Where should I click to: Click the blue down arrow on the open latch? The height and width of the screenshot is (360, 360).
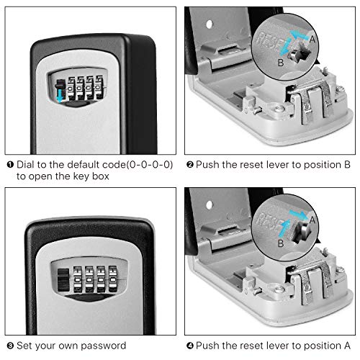pyautogui.click(x=57, y=90)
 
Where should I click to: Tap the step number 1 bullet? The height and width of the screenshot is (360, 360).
pyautogui.click(x=8, y=165)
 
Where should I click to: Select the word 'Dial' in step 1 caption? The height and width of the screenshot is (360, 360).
pyautogui.click(x=25, y=165)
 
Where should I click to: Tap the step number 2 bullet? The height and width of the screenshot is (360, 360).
pyautogui.click(x=190, y=165)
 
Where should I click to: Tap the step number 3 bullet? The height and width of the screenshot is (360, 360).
pyautogui.click(x=8, y=346)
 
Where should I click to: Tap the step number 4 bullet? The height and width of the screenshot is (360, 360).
pyautogui.click(x=190, y=346)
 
